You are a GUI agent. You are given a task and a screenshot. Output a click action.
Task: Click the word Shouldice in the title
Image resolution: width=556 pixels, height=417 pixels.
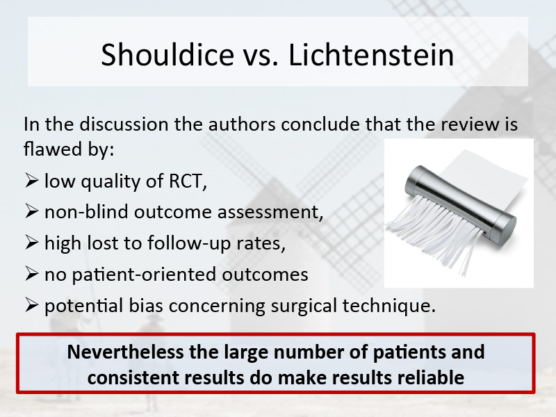pyautogui.click(x=167, y=54)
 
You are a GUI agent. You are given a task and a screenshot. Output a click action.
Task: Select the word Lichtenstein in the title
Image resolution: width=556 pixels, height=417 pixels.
pyautogui.click(x=371, y=54)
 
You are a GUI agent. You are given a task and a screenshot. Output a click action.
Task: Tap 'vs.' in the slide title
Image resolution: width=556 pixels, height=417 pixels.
pyautogui.click(x=261, y=57)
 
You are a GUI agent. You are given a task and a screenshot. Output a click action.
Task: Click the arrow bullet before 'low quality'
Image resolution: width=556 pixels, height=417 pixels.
pyautogui.click(x=31, y=180)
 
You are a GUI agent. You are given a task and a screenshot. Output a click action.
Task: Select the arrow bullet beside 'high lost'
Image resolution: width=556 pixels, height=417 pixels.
pyautogui.click(x=31, y=242)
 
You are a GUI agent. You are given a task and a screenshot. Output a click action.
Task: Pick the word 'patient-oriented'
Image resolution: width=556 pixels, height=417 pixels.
pyautogui.click(x=144, y=275)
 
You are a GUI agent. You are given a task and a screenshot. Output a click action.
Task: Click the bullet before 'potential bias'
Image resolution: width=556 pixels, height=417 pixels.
pyautogui.click(x=31, y=305)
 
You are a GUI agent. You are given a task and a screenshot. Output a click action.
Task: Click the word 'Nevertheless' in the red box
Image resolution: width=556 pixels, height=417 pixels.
pyautogui.click(x=126, y=352)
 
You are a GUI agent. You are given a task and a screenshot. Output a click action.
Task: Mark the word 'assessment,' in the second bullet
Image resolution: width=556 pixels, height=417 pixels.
pyautogui.click(x=270, y=212)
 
